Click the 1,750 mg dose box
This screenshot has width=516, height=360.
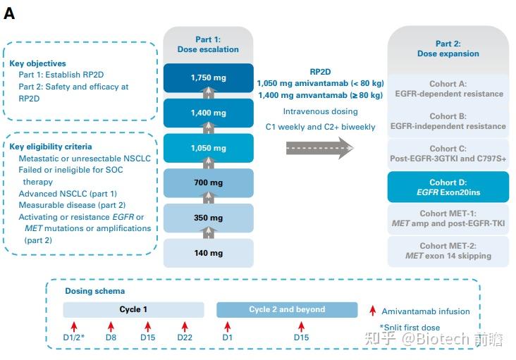[x=209, y=78]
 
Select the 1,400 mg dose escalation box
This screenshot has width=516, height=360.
[x=209, y=113]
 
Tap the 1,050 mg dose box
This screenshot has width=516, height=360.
[x=209, y=148]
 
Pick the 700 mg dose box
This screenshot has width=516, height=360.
[x=209, y=182]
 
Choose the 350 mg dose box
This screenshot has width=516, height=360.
[x=209, y=218]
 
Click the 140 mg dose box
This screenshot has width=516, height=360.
[x=209, y=253]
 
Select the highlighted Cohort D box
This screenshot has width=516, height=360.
[x=448, y=187]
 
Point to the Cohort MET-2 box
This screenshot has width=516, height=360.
[x=448, y=252]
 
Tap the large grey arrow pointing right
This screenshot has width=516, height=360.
[x=320, y=148]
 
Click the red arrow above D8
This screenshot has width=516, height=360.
[x=111, y=326]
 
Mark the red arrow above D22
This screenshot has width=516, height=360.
[x=185, y=326]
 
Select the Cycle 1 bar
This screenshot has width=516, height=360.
[x=133, y=310]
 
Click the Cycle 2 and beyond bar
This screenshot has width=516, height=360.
[x=287, y=310]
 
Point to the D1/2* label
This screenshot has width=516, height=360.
[x=74, y=337]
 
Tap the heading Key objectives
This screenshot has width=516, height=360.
[x=37, y=63]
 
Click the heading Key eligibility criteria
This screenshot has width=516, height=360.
[x=51, y=147]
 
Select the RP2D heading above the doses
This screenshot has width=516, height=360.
[x=320, y=72]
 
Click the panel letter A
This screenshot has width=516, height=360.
[x=9, y=13]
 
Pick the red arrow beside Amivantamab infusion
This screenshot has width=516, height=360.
[x=372, y=311]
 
